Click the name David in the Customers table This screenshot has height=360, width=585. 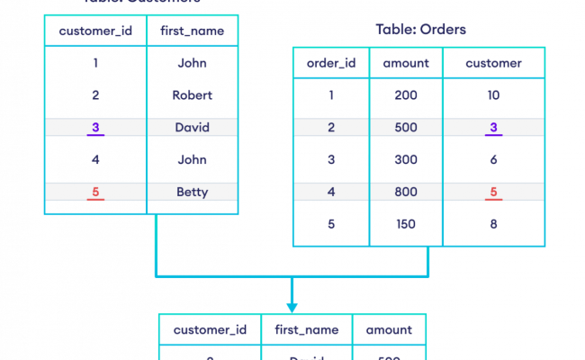click(192, 127)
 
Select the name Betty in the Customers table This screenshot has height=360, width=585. click(192, 191)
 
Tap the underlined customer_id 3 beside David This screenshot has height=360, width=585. click(95, 127)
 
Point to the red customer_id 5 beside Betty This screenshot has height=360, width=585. click(95, 191)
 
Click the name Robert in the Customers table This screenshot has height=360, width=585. click(192, 94)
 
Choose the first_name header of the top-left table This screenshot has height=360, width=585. click(192, 31)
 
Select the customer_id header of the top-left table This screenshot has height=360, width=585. click(95, 31)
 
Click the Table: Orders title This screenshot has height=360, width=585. click(420, 30)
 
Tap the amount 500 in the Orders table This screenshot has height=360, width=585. click(406, 127)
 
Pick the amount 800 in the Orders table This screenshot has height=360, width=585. click(406, 191)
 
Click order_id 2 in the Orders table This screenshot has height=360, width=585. click(331, 127)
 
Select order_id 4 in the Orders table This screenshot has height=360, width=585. click(331, 191)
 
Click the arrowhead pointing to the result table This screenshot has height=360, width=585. click(292, 306)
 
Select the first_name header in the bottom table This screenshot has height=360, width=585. click(306, 329)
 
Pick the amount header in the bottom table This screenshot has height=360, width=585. click(388, 329)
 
